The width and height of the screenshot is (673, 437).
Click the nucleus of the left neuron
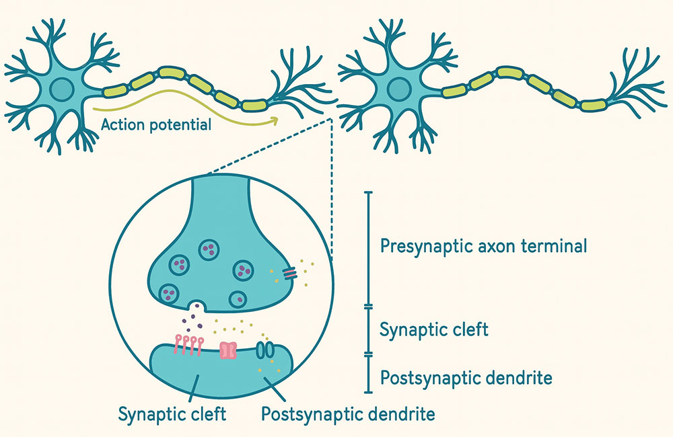tap(62, 89)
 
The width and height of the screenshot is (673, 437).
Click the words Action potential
tap(154, 124)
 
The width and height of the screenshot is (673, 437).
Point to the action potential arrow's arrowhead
tap(275, 120)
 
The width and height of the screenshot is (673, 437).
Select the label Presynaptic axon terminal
tap(483, 246)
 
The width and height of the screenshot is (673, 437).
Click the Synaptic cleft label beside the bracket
tap(434, 330)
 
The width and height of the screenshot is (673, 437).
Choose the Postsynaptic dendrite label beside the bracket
tap(466, 378)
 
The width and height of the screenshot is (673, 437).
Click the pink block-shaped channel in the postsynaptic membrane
tap(229, 350)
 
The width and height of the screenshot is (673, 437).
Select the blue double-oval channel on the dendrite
tap(266, 350)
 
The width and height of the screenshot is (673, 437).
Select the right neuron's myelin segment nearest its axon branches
tap(593, 104)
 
